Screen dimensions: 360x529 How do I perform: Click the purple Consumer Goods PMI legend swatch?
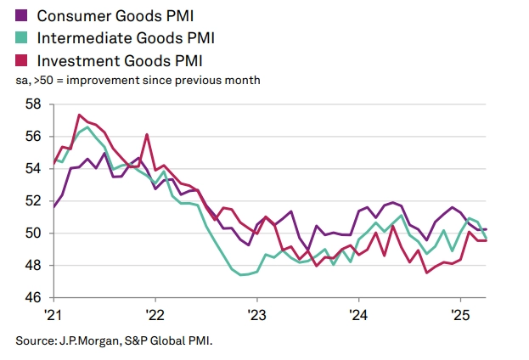coord(22,15)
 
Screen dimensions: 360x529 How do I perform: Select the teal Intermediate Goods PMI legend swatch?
coord(22,37)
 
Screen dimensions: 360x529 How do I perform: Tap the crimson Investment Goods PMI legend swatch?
coord(22,59)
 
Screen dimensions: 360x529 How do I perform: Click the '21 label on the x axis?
coord(53,313)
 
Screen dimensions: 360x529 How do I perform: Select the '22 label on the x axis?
coord(155,313)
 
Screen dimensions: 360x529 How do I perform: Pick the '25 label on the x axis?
coord(459,313)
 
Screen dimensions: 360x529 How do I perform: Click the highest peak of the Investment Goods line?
coord(79,115)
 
